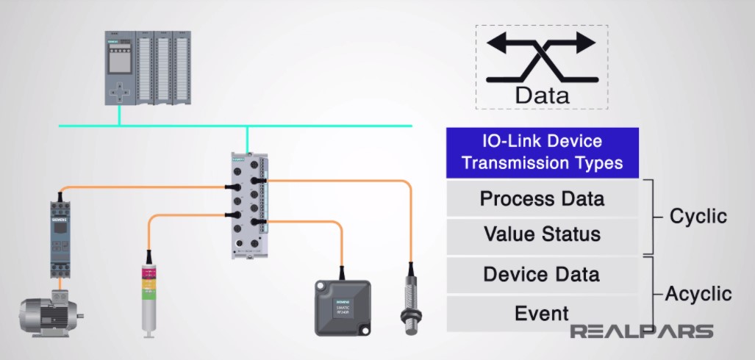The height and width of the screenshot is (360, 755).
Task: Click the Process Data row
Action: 542,198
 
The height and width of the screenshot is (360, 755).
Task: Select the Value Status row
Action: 542,235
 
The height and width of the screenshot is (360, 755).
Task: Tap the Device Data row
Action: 542,275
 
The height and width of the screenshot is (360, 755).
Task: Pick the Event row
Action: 542,313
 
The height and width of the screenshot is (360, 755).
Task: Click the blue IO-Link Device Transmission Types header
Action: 542,152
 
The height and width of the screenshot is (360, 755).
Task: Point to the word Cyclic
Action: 698,217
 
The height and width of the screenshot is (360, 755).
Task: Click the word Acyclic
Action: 698,295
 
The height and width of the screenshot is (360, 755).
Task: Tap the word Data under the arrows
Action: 542,96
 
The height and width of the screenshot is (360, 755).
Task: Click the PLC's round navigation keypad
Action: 118,93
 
